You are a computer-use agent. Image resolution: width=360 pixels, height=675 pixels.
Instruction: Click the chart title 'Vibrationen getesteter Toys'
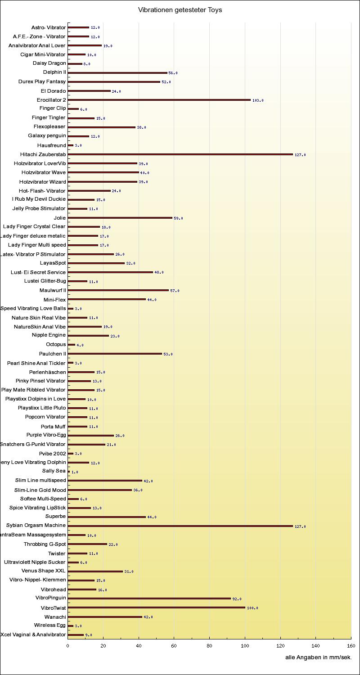coord(180,10)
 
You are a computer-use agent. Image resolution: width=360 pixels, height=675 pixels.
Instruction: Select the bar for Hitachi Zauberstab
coord(180,154)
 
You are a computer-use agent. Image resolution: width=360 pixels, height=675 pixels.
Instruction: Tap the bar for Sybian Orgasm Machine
coord(180,526)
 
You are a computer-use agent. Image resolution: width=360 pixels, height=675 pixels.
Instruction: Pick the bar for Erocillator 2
coord(159,100)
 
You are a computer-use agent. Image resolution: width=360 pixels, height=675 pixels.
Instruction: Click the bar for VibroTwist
coord(156,607)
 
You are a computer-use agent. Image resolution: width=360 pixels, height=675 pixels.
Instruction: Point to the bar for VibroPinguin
coord(149,598)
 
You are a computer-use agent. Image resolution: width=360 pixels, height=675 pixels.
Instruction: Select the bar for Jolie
coord(120,218)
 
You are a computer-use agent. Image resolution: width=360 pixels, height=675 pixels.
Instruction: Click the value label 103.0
coord(258,100)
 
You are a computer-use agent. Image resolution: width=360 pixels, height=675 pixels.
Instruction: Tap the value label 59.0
coord(178,218)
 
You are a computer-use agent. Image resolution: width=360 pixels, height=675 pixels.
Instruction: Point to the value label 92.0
coord(237,599)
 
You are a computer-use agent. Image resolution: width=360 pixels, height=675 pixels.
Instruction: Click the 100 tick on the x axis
coord(245,646)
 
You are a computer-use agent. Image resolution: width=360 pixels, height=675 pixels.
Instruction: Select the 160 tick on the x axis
coord(351,646)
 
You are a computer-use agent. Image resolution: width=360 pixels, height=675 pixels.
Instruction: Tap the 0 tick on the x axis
coord(68,646)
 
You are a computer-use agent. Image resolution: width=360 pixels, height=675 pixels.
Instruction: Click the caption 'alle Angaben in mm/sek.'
coord(318,657)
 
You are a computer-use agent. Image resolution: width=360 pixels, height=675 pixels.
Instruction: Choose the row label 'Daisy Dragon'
coord(49,63)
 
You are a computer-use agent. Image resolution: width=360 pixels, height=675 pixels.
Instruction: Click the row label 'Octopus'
coord(56,344)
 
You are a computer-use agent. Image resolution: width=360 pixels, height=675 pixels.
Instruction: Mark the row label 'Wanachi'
coord(55,617)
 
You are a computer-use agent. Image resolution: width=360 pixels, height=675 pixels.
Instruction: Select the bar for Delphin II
coord(117,72)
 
